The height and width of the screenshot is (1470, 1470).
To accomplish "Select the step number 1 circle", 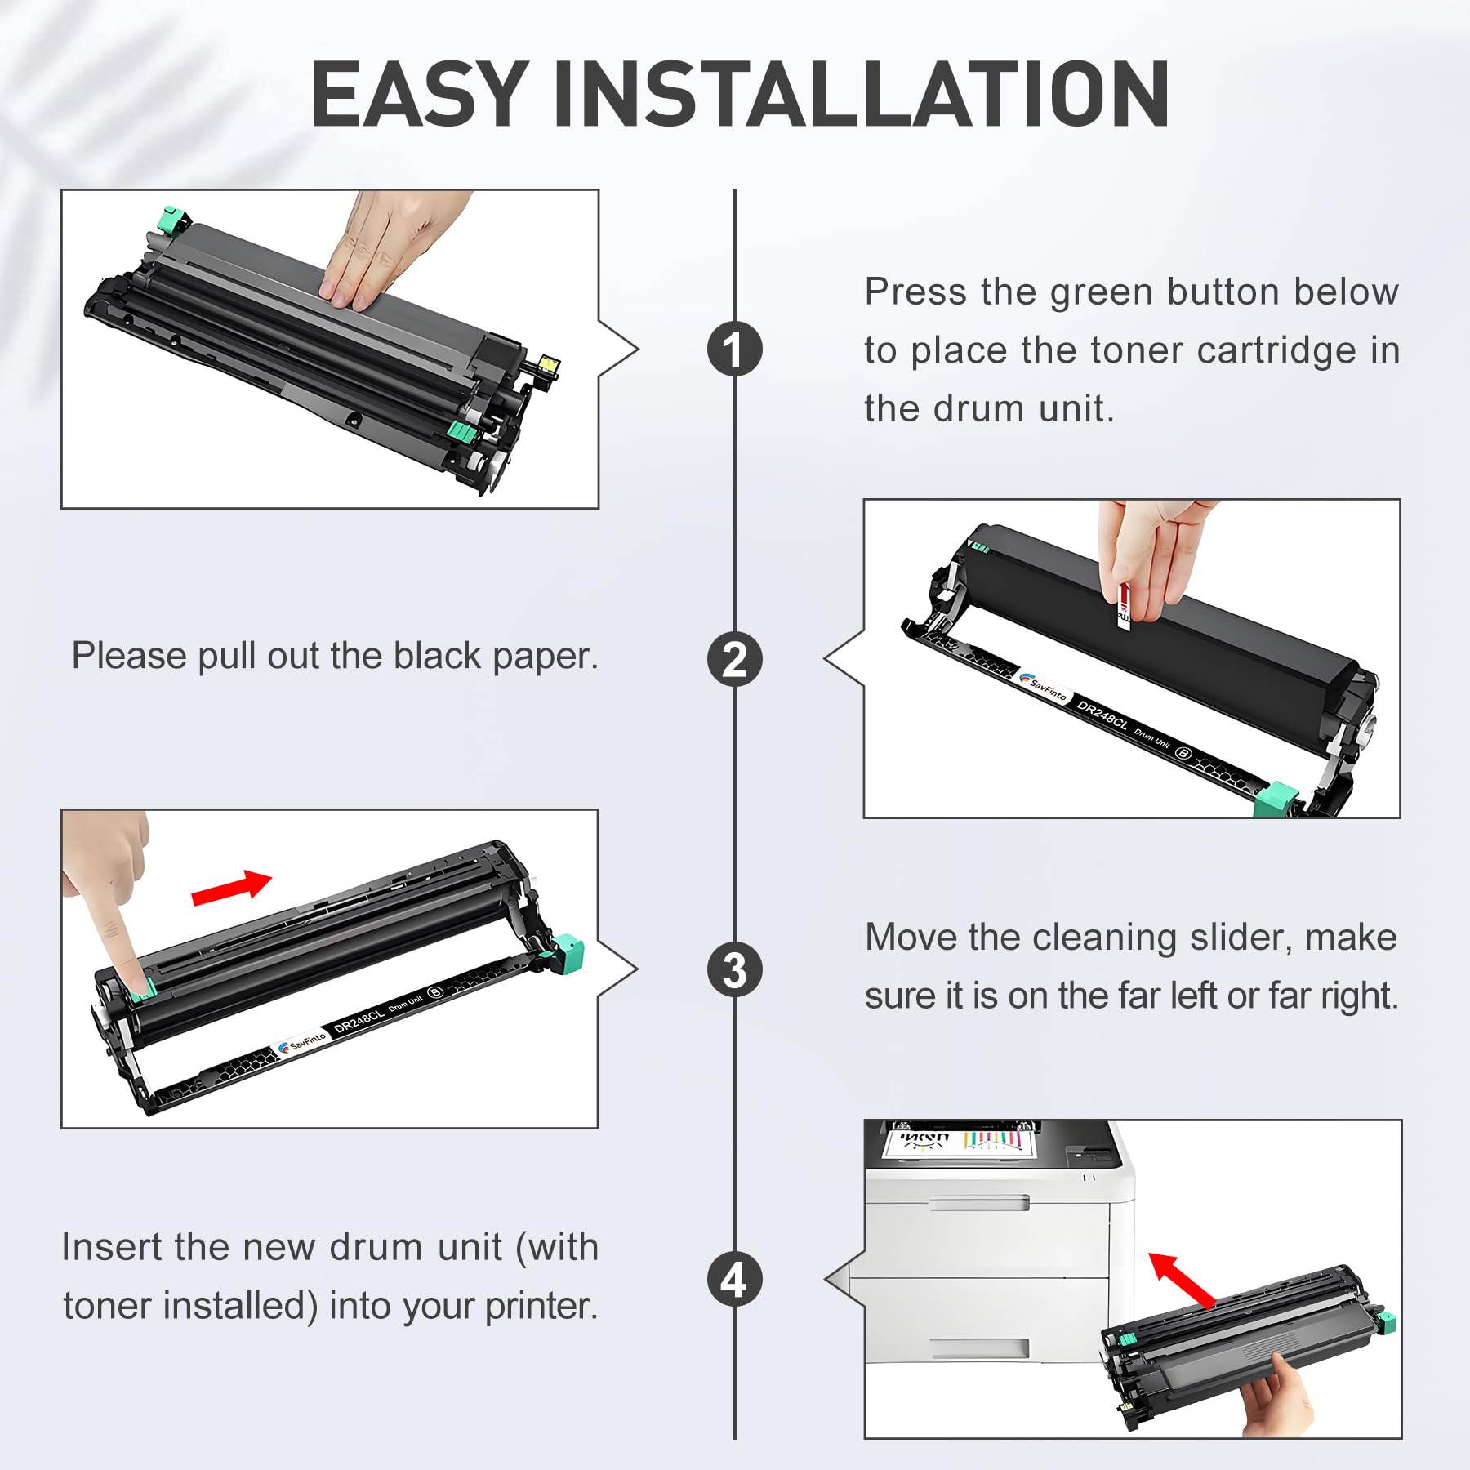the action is click(734, 350).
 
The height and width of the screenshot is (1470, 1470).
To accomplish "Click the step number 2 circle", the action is click(734, 660).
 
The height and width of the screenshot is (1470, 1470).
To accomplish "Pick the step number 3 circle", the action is click(734, 970).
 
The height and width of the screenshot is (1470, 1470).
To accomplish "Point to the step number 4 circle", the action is click(734, 1280).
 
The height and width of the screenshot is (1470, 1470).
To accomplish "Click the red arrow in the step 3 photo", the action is click(232, 888).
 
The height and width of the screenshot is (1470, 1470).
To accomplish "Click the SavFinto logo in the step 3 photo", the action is click(302, 1042).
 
